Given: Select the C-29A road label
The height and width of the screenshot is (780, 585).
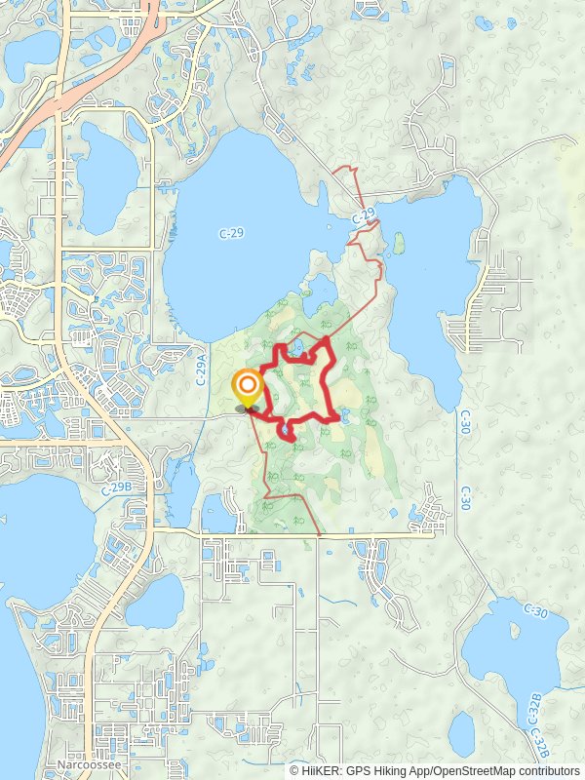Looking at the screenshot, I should tap(201, 371).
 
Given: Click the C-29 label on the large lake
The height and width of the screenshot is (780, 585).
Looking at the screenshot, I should tap(232, 233).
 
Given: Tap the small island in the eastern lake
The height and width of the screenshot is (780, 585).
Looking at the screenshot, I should tap(399, 242).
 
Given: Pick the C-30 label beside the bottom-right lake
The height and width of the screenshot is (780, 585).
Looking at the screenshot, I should tap(533, 609).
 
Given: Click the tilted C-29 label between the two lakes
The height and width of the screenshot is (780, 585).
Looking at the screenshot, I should tap(362, 214).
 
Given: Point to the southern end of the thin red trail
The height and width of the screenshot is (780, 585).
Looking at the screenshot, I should tap(320, 533).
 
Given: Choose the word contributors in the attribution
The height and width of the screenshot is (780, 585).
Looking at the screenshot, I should tap(546, 770).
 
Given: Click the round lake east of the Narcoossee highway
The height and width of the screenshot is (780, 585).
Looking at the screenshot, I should tap(156, 601).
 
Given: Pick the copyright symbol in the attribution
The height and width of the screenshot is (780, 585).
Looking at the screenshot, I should tap(295, 770).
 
